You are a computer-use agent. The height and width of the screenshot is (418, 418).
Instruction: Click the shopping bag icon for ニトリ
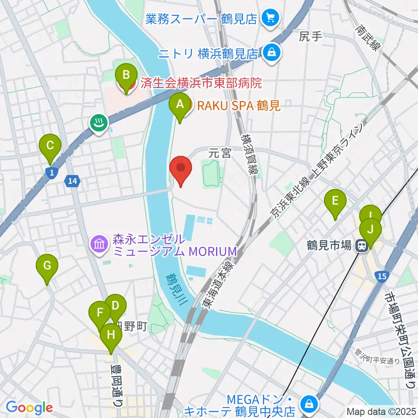[272, 53]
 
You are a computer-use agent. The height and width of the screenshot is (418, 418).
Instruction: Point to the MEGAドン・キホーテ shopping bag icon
[308, 404]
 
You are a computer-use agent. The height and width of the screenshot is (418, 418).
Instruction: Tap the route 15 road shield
[382, 276]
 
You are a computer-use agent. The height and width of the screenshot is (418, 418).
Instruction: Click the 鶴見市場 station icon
[361, 246]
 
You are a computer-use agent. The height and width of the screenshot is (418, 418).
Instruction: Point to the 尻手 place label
[310, 37]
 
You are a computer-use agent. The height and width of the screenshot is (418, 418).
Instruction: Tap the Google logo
[29, 408]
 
